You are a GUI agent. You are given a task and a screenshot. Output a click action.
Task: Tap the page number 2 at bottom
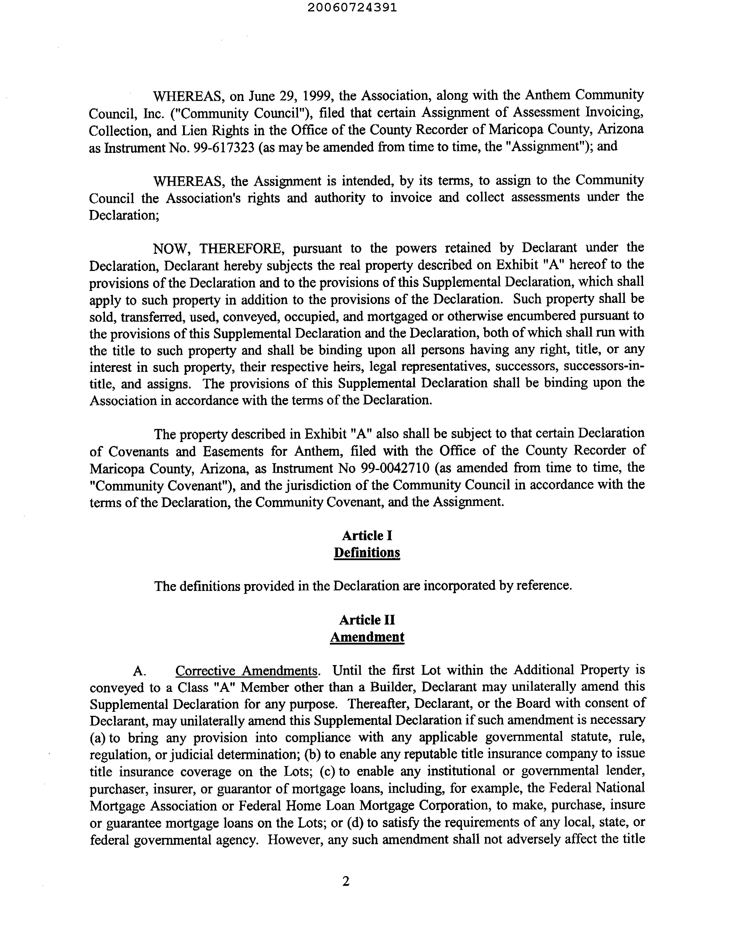point(346,882)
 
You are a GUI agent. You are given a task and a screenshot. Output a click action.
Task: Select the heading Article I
point(367,536)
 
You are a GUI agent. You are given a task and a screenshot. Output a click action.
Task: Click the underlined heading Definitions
point(367,553)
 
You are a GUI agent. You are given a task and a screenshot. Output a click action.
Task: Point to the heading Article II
point(367,620)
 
